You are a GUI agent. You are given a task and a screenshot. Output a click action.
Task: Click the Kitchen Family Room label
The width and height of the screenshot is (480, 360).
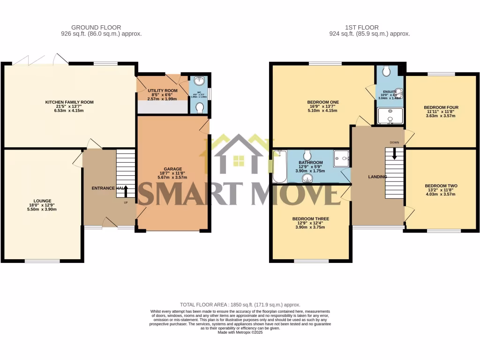69,102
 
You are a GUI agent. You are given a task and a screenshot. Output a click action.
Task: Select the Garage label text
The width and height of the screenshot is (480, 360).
172,169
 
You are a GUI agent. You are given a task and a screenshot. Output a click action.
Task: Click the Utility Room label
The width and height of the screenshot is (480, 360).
162,90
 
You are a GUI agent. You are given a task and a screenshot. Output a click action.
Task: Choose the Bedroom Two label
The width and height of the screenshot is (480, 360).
441,186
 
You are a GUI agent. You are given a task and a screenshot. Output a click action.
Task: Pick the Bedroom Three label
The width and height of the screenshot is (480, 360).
310,218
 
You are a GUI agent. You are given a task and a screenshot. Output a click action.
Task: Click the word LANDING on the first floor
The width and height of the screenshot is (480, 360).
377,177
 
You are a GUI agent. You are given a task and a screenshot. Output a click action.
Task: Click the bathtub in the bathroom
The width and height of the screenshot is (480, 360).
279,166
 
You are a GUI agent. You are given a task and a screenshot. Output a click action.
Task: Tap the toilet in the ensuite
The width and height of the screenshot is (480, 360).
386,70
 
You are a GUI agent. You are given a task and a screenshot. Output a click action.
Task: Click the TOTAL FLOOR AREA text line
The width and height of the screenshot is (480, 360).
240,305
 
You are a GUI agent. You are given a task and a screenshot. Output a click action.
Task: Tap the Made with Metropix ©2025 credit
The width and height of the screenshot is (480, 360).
240,332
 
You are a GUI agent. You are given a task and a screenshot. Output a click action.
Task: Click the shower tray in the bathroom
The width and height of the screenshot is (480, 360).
341,158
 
